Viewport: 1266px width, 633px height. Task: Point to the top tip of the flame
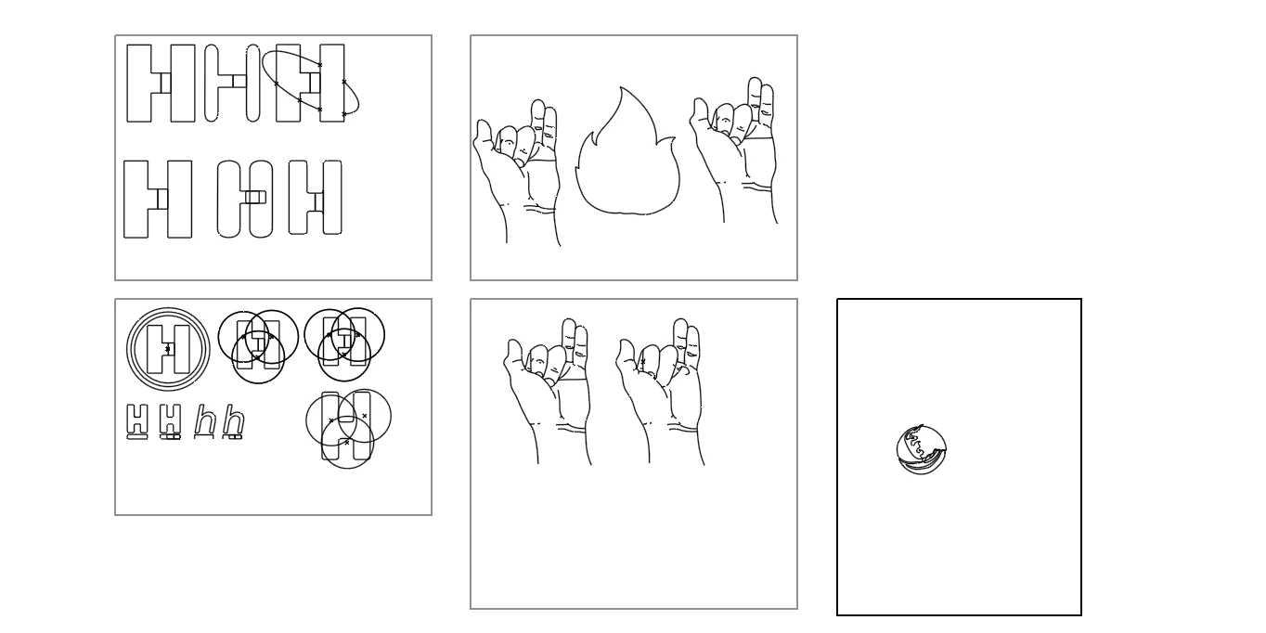tap(621, 86)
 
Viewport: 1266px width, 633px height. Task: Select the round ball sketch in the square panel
tap(922, 450)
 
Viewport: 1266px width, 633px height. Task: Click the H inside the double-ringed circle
tap(168, 349)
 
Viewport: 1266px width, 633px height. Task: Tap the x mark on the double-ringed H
tap(167, 349)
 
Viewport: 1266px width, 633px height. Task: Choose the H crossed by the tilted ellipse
tap(310, 83)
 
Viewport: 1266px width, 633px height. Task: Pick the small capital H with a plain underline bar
tap(137, 421)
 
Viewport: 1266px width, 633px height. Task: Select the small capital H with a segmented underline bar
tap(170, 421)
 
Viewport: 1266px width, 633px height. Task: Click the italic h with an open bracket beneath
tap(204, 421)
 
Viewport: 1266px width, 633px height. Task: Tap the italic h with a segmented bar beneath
tap(233, 421)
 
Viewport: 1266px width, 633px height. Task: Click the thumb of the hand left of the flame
tap(484, 138)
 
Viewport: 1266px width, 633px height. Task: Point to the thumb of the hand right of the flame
tap(700, 116)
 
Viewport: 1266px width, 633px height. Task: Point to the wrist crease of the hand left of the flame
tap(540, 209)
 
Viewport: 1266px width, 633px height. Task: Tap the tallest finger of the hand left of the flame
tap(538, 122)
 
